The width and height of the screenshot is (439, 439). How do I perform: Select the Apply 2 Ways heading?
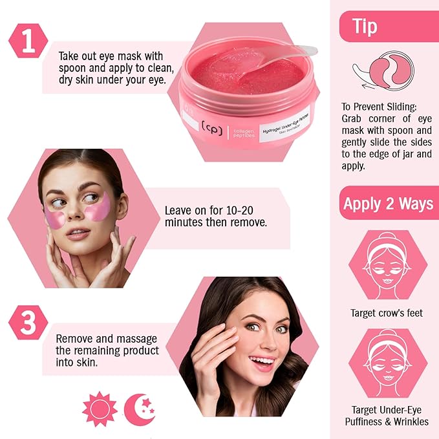388,204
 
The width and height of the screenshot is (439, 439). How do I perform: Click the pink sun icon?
100,409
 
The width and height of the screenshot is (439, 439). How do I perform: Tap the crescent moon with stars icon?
139,409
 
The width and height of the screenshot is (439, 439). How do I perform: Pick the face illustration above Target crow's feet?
387,264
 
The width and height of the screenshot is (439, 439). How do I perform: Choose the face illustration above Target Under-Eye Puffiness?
387,362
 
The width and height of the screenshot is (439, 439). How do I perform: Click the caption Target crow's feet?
387,313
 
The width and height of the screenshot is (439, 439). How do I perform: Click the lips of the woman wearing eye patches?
78,233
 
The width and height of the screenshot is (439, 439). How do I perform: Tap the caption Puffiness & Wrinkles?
388,422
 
